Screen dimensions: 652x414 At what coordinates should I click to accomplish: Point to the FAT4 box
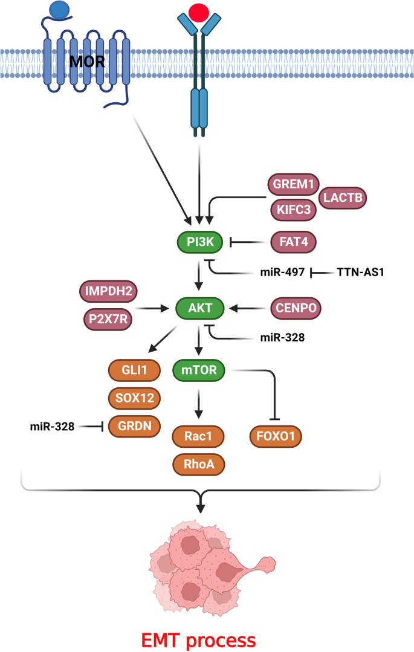coord(293,243)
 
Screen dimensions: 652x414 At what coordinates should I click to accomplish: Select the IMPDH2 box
coord(109,292)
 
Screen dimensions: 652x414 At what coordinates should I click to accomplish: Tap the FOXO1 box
coord(276,436)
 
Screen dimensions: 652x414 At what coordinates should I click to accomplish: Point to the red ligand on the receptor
coord(199,12)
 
